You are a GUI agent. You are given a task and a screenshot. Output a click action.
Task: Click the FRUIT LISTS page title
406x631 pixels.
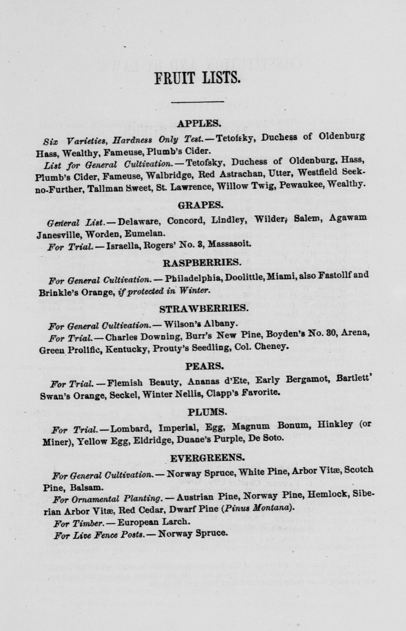click(x=197, y=78)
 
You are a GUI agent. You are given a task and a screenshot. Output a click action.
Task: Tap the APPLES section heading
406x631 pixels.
click(x=199, y=123)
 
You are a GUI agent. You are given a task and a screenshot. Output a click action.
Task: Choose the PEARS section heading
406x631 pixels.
click(x=205, y=366)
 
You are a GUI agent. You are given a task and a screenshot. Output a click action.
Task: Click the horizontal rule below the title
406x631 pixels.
click(x=197, y=101)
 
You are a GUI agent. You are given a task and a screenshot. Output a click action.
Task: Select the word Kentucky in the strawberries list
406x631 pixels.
click(x=123, y=349)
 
